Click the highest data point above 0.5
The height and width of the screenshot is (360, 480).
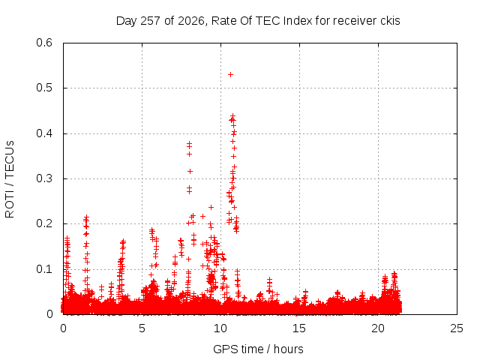click(230, 74)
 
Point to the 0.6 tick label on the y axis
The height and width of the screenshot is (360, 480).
click(44, 43)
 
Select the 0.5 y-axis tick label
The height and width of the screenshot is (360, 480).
click(44, 88)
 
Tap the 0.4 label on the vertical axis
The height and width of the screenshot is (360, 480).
click(44, 133)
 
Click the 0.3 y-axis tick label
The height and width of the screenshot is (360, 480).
click(44, 178)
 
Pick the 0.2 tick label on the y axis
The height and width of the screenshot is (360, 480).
click(44, 223)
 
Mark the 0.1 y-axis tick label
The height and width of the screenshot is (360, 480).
click(44, 269)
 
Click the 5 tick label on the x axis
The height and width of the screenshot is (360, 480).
click(142, 328)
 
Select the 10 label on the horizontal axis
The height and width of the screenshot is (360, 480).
click(220, 328)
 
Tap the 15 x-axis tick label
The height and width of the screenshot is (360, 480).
click(299, 328)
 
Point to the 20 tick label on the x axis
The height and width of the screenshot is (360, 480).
click(378, 328)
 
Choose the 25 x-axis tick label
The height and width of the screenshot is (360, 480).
click(457, 328)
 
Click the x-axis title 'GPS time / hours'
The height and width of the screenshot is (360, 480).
click(258, 349)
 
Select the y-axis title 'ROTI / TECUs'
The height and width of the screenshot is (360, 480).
click(10, 179)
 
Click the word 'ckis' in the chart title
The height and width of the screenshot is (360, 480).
click(390, 21)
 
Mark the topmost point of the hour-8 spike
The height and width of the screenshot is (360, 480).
click(189, 143)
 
